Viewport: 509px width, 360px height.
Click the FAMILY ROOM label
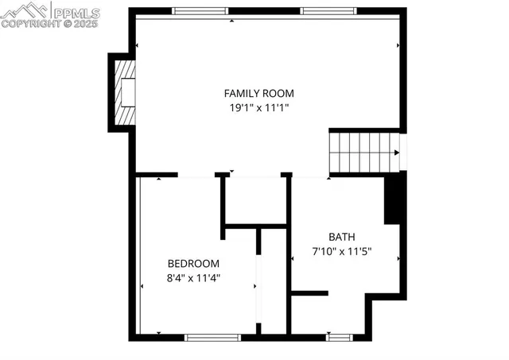(x=254, y=92)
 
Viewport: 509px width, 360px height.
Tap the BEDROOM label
(x=193, y=263)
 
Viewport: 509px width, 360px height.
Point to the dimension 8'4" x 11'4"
(x=193, y=277)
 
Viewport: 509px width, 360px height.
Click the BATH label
(x=342, y=237)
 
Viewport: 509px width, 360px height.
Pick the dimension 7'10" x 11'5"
(x=342, y=251)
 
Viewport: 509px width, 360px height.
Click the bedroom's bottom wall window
(x=212, y=337)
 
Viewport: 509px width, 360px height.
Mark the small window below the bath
(x=339, y=337)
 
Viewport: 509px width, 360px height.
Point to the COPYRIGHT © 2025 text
(x=49, y=25)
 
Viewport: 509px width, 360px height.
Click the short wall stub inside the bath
(x=309, y=293)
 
